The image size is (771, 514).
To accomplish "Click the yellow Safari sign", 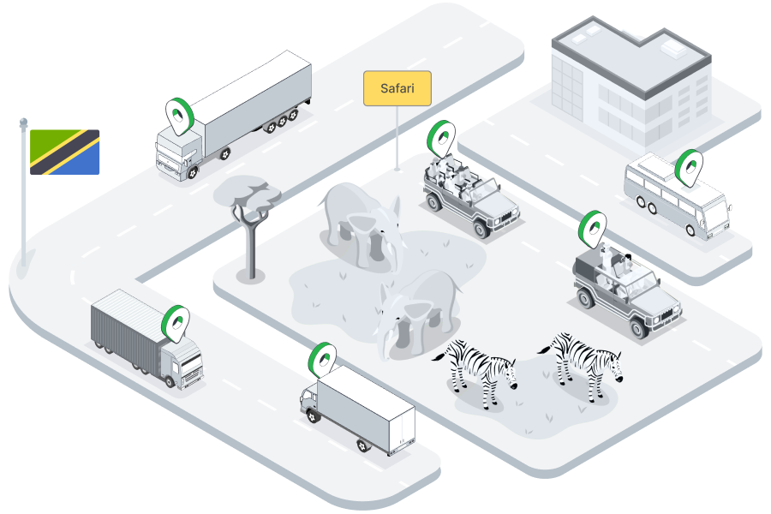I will pos(397,88).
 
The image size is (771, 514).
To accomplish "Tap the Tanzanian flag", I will pos(64,152).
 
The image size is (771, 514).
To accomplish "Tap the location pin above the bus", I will pos(688,166).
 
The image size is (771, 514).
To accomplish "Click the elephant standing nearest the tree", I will pos(360,223).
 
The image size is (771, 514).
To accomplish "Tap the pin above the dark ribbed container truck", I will pos(176,321).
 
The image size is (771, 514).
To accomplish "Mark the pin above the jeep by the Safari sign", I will pos(441,137).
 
